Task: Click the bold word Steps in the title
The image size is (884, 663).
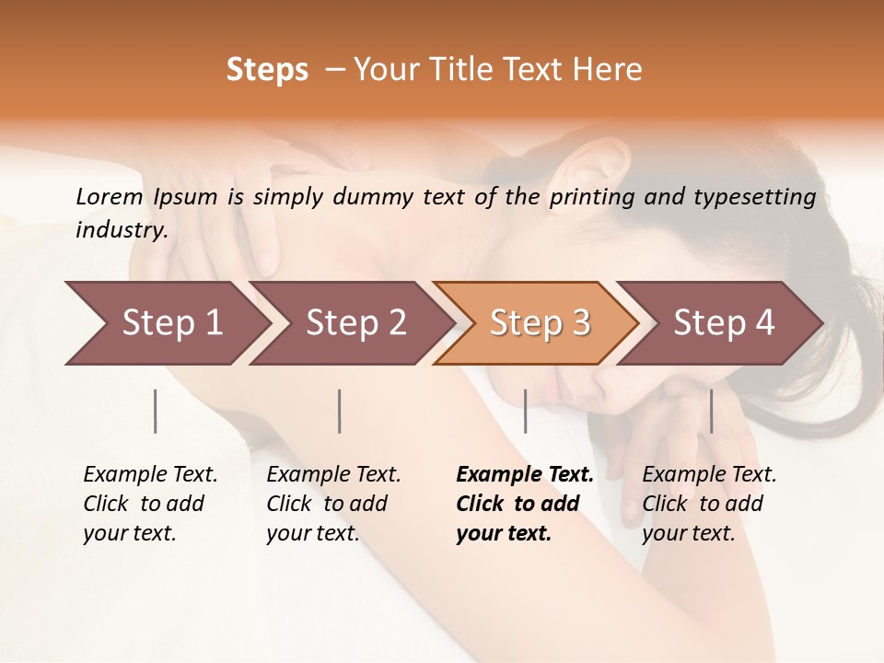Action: [267, 70]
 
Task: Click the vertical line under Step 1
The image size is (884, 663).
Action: [156, 411]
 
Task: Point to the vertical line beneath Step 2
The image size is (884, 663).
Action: [340, 411]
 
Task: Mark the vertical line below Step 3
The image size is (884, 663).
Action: [525, 411]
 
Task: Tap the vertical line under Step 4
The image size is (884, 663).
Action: [711, 411]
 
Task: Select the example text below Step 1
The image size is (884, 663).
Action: [150, 504]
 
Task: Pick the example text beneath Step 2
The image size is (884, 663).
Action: [333, 504]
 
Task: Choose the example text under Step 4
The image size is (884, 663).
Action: [709, 504]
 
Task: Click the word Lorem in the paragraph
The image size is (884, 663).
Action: [110, 196]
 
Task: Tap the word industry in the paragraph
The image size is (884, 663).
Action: [122, 230]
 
